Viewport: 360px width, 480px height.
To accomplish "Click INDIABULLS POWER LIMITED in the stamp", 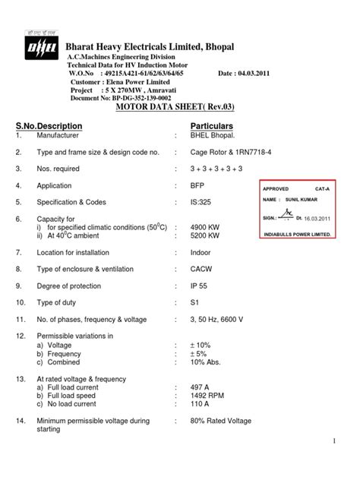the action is coord(297,234).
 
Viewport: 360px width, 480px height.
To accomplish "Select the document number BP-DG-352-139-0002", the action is coord(134,99).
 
